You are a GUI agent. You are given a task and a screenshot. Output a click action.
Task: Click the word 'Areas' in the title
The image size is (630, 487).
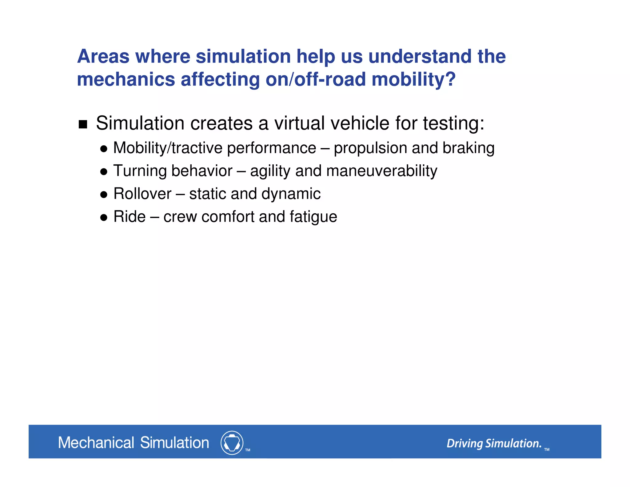coord(103,57)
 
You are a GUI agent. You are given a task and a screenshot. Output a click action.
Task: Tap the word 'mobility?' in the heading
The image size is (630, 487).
coord(413,79)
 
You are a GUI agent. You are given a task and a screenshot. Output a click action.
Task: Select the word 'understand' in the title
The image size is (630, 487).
coord(420,57)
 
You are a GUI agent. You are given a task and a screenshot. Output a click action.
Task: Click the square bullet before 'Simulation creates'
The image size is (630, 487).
coord(83,124)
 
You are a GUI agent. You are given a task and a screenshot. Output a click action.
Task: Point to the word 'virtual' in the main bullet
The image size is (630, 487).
coord(299,123)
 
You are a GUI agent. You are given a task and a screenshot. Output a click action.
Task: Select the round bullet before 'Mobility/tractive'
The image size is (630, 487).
coord(104,149)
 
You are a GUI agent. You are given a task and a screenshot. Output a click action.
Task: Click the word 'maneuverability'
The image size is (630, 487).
coord(381,171)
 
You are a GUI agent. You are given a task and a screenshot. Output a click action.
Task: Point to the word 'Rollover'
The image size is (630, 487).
coord(142,194)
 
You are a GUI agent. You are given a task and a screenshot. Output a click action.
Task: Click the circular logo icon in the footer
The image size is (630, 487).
coord(232,443)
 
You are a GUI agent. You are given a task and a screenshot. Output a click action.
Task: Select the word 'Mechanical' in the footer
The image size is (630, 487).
coord(96,443)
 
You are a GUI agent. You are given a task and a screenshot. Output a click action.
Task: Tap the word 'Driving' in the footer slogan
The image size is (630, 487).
coord(465,444)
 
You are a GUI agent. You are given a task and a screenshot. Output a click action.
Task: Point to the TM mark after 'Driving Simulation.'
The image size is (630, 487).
coord(547,449)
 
